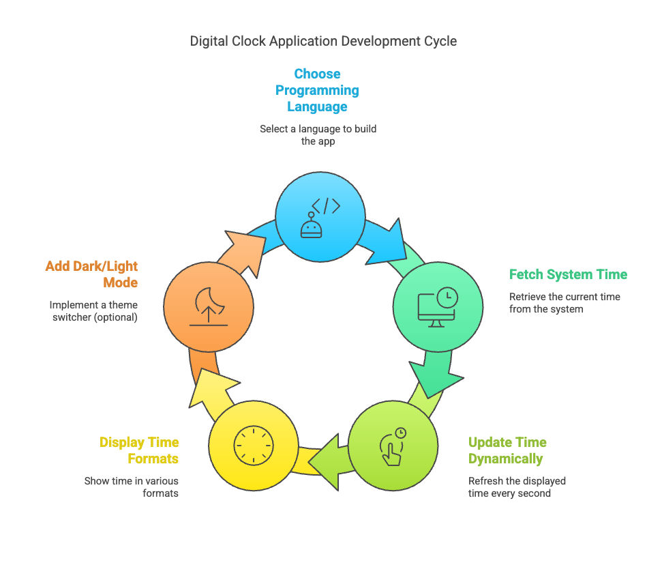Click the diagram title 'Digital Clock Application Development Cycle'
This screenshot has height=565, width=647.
coord(323,42)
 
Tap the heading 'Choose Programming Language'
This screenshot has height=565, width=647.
coord(317,90)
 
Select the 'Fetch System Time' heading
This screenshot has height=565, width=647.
coord(568,274)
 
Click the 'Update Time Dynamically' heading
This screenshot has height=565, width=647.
coord(507,450)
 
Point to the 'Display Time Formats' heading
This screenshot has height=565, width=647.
coord(139,450)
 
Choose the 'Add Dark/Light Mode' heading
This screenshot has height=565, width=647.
coord(91,274)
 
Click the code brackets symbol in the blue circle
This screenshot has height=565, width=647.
coord(326,205)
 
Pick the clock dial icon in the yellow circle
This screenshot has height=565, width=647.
coord(254,446)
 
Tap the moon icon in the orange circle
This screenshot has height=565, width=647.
coord(209,298)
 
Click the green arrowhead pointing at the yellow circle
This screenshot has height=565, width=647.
coord(326,462)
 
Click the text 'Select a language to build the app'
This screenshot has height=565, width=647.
coord(318,135)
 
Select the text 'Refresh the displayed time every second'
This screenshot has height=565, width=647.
coord(517,487)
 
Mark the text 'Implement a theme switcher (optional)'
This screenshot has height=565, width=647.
coord(93,311)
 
